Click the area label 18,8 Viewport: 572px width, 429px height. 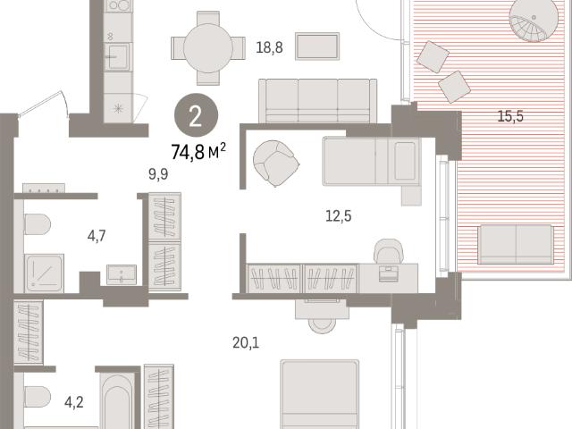coord(269,47)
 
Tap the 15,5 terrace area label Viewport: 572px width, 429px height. coord(510,116)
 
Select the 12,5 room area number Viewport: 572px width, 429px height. coord(338,216)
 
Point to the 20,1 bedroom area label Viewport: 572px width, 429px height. coord(246,343)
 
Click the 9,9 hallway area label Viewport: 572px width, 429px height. coord(158,174)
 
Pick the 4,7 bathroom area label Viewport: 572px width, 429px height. coord(97,236)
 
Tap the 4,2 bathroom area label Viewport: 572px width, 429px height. coord(74,403)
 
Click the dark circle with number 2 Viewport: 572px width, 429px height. coord(197,115)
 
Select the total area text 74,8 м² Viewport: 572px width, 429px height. coord(198,152)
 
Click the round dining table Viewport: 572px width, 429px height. coord(208,47)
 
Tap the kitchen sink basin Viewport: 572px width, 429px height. coord(117,57)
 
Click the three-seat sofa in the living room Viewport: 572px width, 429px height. coord(318,101)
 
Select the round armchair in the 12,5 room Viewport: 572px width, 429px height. coord(276,163)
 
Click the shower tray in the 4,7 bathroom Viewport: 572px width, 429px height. coord(44,273)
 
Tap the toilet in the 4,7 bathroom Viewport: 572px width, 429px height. coord(38,224)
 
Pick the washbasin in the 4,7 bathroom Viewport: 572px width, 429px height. coord(122,274)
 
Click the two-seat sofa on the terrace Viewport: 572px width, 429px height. coord(516,244)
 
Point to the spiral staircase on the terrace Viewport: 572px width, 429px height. coord(534,21)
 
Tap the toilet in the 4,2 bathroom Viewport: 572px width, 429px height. coord(38,397)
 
